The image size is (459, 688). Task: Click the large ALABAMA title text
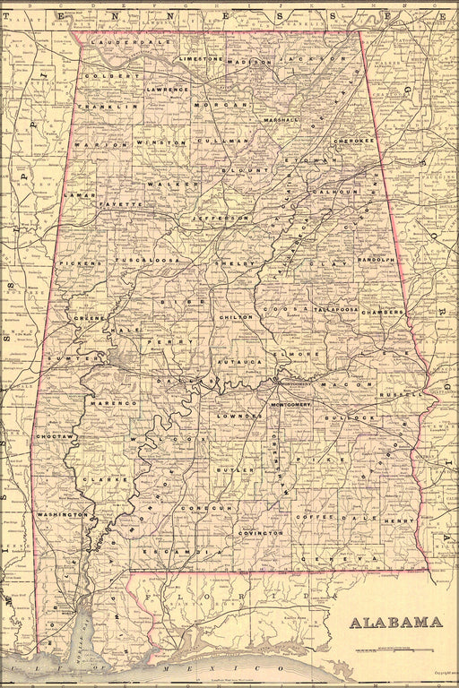tap(395, 623)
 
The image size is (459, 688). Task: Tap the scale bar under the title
tap(394, 649)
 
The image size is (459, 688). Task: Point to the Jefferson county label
tap(219, 218)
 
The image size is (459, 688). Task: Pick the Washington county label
tap(62, 515)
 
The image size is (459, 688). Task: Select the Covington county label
tap(260, 532)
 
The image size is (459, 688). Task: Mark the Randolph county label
tap(377, 260)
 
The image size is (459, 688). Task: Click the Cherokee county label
tap(352, 141)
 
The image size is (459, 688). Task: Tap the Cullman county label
tap(225, 141)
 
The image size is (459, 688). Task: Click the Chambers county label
tap(384, 313)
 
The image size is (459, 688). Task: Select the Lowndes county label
tap(239, 417)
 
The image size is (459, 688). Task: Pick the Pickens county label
tap(78, 264)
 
